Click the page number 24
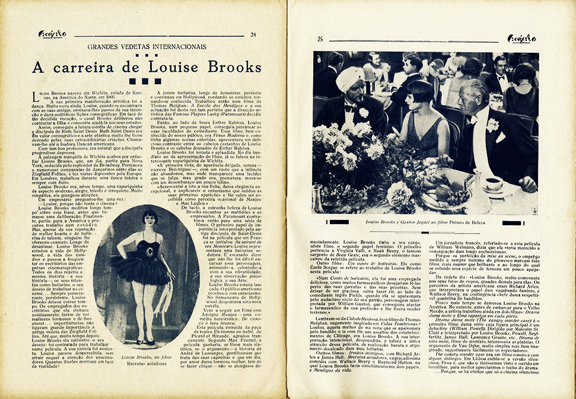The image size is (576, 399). (253, 34)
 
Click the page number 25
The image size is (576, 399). (320, 39)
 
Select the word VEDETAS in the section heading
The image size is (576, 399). (136, 46)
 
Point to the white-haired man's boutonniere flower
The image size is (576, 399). (492, 124)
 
